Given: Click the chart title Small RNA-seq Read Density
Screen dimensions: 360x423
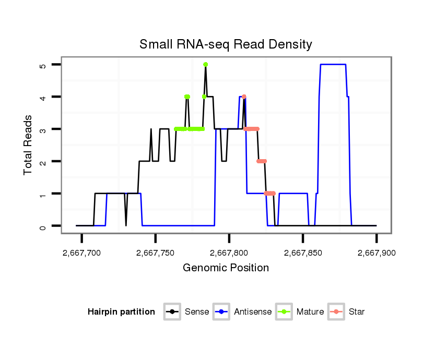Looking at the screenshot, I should [x=226, y=44].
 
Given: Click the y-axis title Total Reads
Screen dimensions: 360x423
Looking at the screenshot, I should [x=28, y=145].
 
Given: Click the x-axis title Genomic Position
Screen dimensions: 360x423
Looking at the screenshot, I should [x=226, y=268].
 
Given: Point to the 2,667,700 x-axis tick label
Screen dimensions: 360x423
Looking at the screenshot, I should [x=82, y=253].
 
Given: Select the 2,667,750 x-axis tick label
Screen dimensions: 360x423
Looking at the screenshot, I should [x=156, y=253].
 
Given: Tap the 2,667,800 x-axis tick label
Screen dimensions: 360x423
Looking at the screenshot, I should [x=229, y=253].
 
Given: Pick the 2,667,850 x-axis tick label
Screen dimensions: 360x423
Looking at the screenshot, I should [x=303, y=253].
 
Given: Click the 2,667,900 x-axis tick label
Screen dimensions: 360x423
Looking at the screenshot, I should [x=377, y=253].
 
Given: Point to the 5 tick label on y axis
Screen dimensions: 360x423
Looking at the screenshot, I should [x=43, y=65].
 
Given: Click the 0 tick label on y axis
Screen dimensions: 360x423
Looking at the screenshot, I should [x=43, y=226].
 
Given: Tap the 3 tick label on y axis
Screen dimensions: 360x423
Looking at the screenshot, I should [x=43, y=129].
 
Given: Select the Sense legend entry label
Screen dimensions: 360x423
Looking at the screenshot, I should [x=197, y=312].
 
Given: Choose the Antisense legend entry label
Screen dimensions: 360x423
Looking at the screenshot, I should [x=253, y=312].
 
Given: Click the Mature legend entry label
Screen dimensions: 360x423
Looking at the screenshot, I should [x=310, y=312].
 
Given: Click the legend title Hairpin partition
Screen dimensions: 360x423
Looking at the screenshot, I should [x=121, y=312].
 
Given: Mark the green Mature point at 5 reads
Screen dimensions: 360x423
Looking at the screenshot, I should [x=206, y=64].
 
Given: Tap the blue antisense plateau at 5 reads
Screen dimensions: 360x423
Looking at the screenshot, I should [x=333, y=64].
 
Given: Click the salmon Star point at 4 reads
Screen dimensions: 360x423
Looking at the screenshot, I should [x=244, y=97].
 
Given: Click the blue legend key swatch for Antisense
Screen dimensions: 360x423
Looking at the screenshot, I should [x=222, y=312].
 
